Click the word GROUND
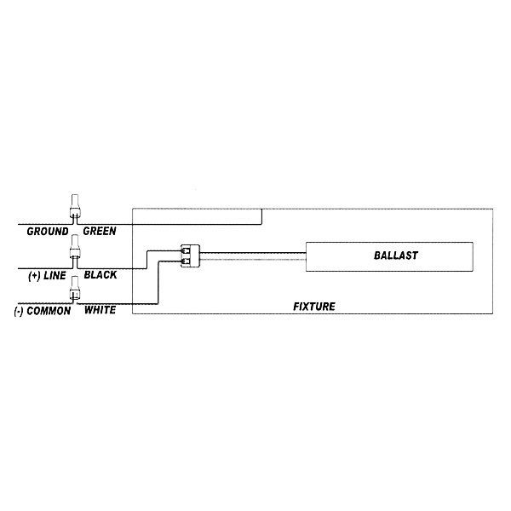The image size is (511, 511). point(48,232)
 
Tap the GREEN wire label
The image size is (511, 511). point(100,231)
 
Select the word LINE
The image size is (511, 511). point(55,276)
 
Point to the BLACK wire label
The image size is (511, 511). point(100,275)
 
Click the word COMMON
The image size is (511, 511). point(49,311)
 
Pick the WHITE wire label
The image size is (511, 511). point(100,310)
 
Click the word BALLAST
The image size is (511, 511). point(396,255)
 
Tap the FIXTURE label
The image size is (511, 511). point(314,307)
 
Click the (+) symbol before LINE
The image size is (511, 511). point(35,276)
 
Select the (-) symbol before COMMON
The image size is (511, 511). point(19,311)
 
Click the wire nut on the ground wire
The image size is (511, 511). point(75,206)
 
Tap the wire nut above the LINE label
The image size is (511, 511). point(75,246)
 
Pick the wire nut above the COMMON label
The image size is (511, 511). point(75,288)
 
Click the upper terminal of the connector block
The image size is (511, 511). point(186,251)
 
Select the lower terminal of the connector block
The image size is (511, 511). point(186,261)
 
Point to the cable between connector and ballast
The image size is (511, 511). point(253,256)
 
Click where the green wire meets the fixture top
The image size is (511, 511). point(261,209)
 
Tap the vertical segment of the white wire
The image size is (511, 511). point(158,283)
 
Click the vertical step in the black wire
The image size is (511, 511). point(146,260)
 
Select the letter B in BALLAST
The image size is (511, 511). point(377,255)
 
